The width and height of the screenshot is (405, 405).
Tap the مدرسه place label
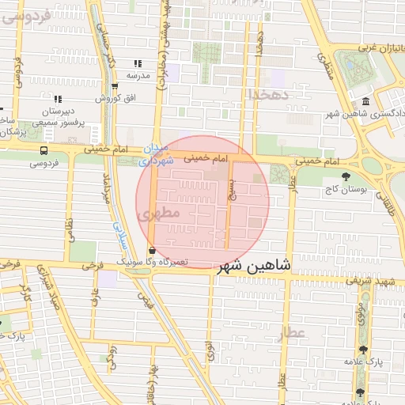(138, 76)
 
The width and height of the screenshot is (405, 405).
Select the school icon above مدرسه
(138, 63)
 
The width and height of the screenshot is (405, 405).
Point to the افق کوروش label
(114, 99)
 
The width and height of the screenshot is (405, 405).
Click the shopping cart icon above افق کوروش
(115, 86)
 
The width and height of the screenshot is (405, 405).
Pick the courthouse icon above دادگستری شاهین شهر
(365, 101)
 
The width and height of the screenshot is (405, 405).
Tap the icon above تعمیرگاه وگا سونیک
(152, 250)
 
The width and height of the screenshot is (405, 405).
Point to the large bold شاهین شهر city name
(254, 265)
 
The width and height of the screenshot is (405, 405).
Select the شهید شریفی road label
(374, 281)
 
